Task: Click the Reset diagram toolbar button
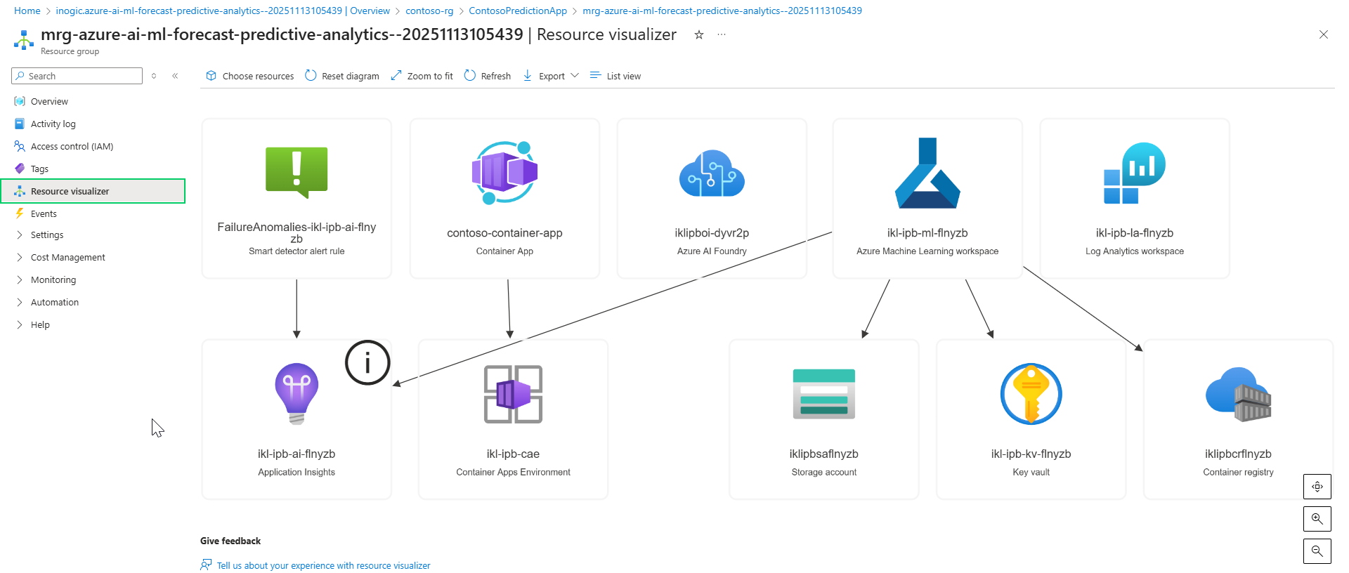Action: tap(342, 76)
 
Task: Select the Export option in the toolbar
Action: tap(551, 76)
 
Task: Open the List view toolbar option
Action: tap(615, 76)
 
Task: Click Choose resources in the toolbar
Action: tap(250, 76)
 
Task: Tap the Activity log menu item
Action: tap(53, 124)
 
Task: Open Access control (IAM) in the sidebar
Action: tap(72, 147)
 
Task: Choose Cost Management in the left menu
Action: tap(67, 258)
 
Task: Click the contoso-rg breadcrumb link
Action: tap(429, 11)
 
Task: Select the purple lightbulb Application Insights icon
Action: tap(296, 393)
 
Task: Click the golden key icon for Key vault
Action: tap(1031, 394)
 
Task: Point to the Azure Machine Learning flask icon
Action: tap(927, 173)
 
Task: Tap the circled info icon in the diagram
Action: tap(367, 363)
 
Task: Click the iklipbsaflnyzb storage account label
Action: tap(823, 454)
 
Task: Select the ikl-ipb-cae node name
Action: tap(513, 454)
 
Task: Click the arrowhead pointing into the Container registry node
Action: tap(1139, 347)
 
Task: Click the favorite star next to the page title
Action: tap(699, 35)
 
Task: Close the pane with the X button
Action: tap(1323, 34)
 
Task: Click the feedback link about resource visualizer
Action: tap(323, 566)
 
